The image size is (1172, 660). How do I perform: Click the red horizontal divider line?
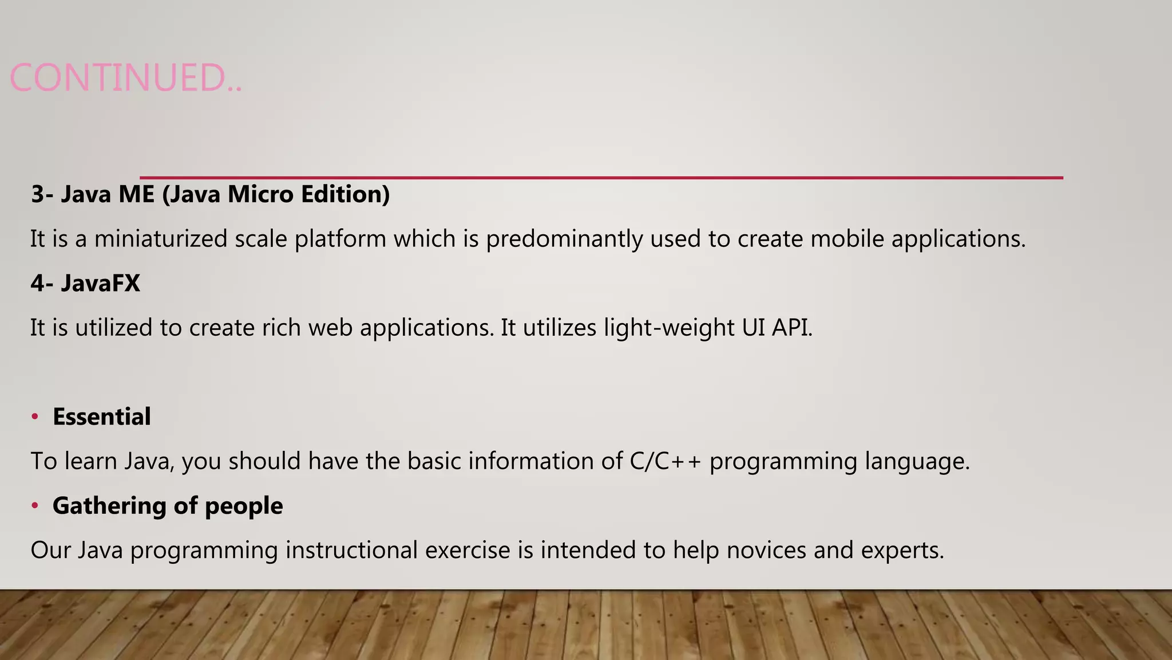click(x=601, y=178)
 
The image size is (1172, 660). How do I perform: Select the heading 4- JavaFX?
click(x=85, y=283)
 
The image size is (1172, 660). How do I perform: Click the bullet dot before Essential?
click(x=35, y=417)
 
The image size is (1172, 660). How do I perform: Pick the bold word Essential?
click(x=102, y=417)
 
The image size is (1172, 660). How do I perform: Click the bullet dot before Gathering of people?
click(x=35, y=505)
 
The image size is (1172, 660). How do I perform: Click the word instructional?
click(x=351, y=550)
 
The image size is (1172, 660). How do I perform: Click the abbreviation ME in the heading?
click(x=136, y=194)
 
